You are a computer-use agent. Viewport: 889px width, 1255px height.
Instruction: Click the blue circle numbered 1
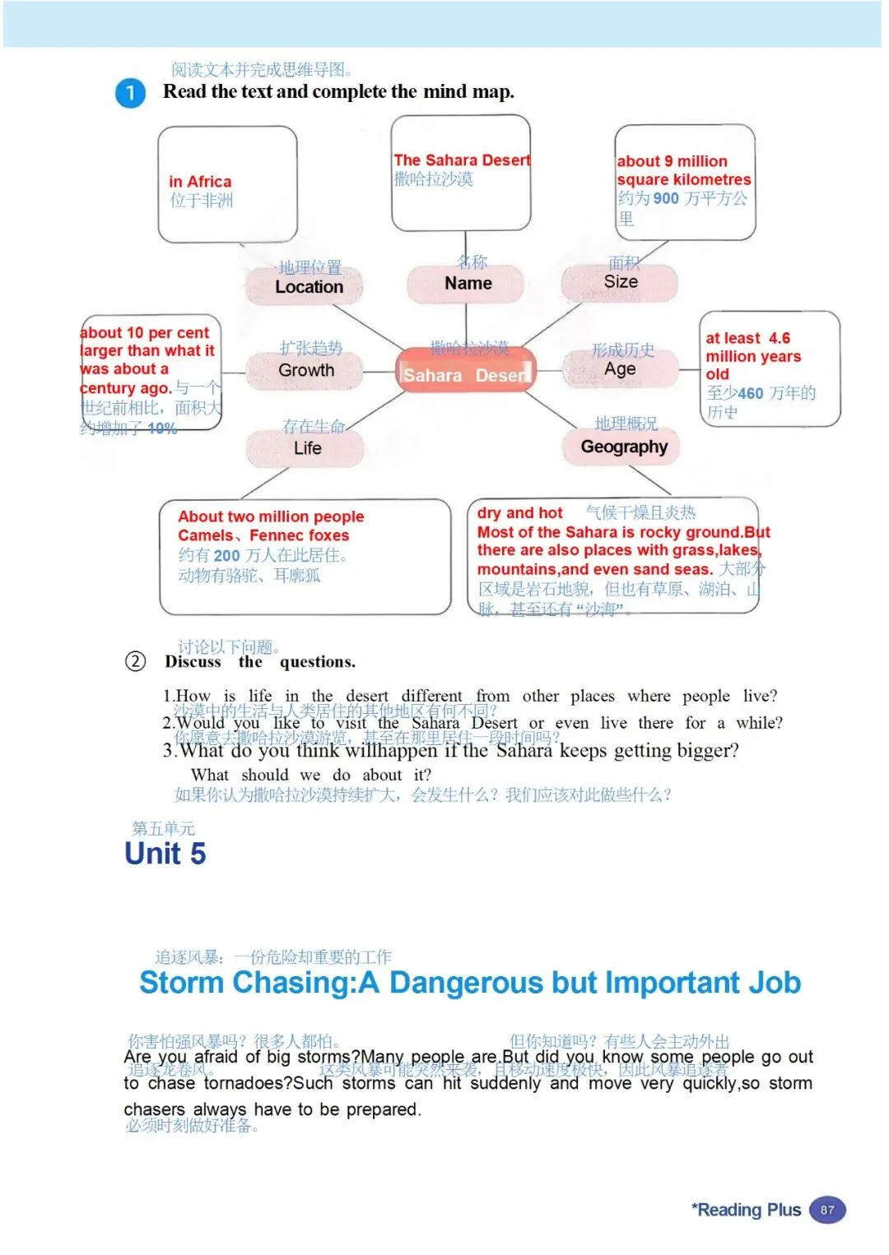coord(130,93)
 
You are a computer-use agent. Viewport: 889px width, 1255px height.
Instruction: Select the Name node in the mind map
coord(468,284)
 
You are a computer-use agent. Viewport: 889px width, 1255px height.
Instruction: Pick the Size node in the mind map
coord(621,282)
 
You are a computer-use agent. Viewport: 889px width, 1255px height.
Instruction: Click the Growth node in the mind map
coord(306,370)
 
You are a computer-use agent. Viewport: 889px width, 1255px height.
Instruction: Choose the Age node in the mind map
coord(620,369)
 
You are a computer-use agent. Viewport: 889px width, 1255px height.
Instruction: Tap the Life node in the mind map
coord(307,448)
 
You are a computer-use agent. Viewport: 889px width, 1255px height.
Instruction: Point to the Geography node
coord(624,447)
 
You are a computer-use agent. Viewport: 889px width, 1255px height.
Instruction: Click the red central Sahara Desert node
coord(466,375)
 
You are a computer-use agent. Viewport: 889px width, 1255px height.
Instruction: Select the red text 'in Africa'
coord(200,182)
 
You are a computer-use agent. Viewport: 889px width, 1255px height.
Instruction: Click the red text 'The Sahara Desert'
coord(462,160)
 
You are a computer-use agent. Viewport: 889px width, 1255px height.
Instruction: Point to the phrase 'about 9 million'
coord(672,161)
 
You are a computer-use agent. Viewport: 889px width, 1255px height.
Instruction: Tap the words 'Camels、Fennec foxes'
coord(263,535)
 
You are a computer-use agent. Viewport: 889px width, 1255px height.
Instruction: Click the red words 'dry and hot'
coord(519,513)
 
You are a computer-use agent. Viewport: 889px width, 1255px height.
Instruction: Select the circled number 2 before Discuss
coord(135,661)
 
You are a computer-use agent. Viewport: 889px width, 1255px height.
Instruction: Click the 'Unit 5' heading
coord(165,854)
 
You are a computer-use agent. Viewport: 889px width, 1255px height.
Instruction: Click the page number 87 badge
coord(826,1210)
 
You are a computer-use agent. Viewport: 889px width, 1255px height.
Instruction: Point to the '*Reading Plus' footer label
coord(746,1210)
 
